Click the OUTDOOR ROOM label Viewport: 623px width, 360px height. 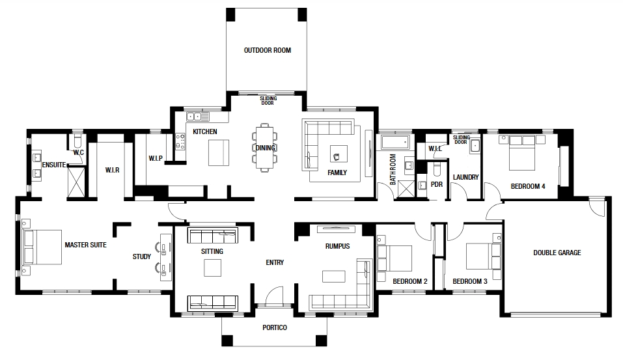268,51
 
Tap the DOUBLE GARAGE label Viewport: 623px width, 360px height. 557,253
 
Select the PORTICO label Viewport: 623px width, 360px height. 275,328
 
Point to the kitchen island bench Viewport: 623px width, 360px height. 219,152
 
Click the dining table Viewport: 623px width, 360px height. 264,147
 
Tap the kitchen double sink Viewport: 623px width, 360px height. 194,117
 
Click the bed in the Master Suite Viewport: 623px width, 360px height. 42,247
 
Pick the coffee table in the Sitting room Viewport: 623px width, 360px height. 213,268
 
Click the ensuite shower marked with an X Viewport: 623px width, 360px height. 76,182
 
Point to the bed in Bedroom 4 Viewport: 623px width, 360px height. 522,153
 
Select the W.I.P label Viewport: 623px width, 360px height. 156,159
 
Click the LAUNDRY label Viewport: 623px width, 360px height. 465,177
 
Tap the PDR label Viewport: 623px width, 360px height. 437,185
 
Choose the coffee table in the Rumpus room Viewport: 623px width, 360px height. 334,276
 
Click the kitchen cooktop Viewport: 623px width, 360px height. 180,141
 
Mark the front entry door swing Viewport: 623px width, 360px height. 274,296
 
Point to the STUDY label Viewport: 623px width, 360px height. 142,256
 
